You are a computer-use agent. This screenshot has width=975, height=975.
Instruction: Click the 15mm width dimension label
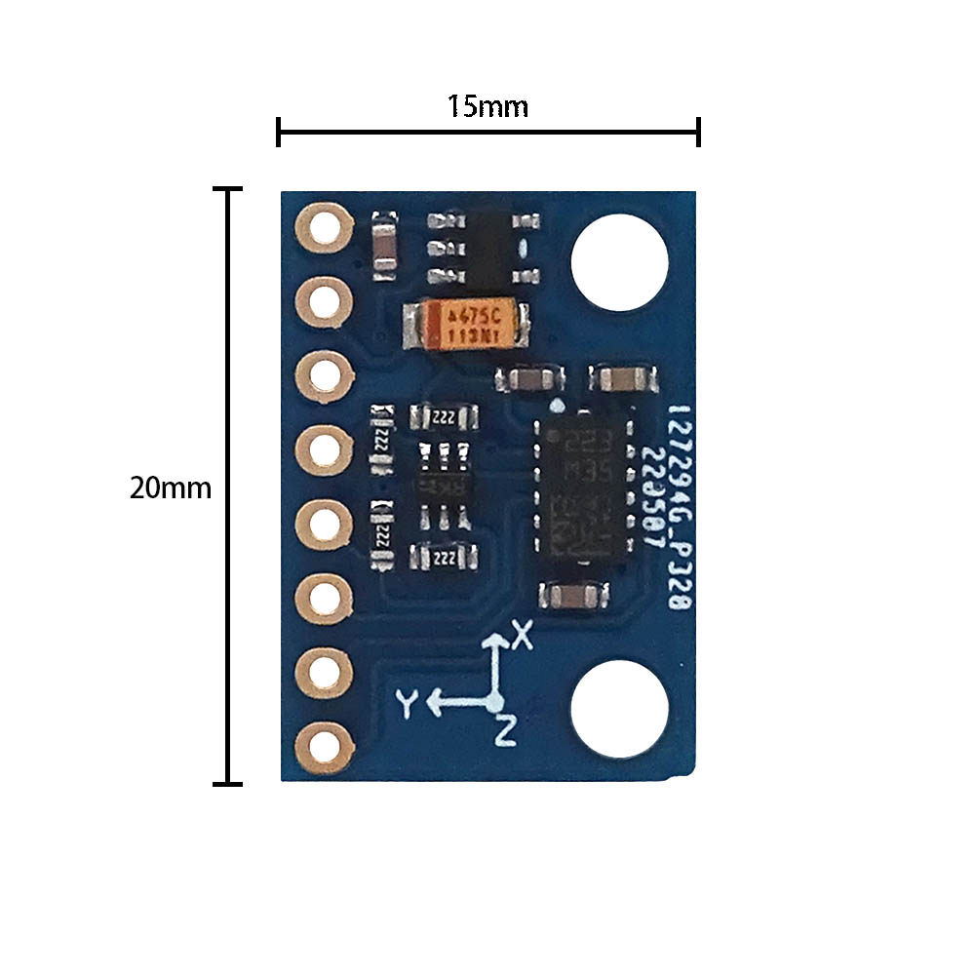[487, 105]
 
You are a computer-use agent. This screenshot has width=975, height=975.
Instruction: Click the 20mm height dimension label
[170, 487]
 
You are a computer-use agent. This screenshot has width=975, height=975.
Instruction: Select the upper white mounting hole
[620, 263]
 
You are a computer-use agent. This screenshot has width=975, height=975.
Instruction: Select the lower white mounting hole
[620, 710]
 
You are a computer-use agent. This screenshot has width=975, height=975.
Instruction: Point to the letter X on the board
[524, 637]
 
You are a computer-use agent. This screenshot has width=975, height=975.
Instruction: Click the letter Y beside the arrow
[408, 702]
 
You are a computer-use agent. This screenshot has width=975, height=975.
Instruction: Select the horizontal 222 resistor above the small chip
[445, 417]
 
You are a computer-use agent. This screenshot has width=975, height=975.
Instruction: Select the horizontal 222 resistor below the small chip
[445, 557]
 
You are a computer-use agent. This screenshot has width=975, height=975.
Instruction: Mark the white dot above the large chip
[557, 404]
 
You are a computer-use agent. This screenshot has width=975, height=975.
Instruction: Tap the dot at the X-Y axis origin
[496, 701]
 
